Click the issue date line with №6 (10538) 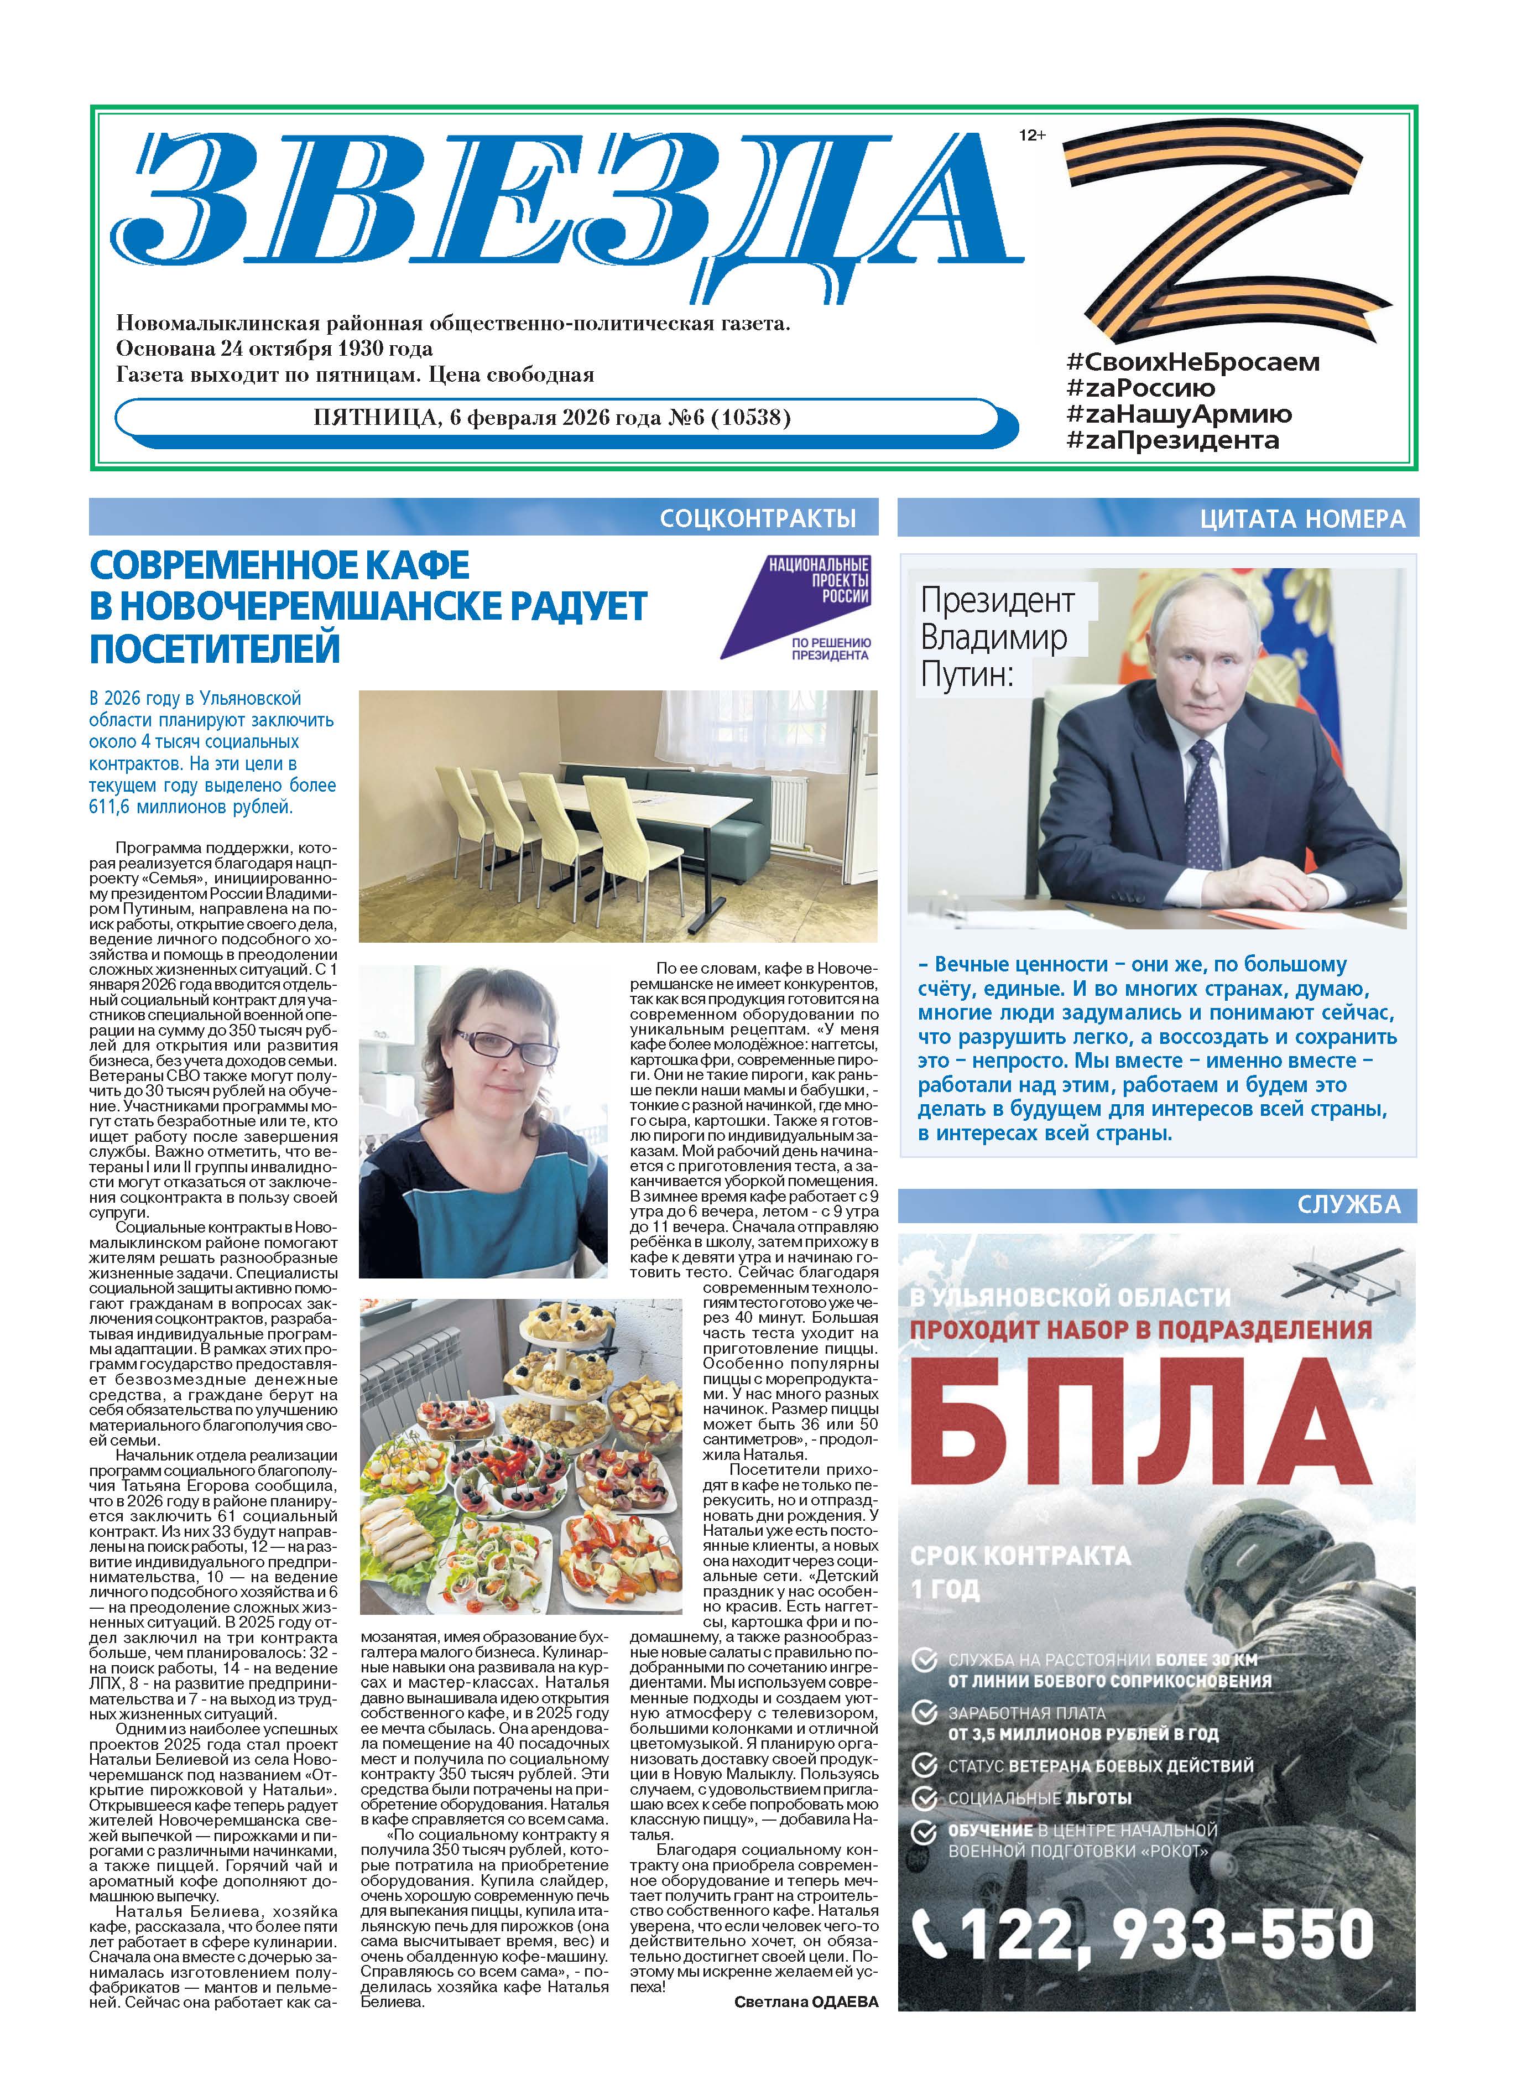[x=552, y=418]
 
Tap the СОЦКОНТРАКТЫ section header [x=757, y=518]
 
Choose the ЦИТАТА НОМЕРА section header [x=1302, y=519]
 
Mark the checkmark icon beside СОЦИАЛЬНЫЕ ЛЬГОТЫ [x=924, y=1797]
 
